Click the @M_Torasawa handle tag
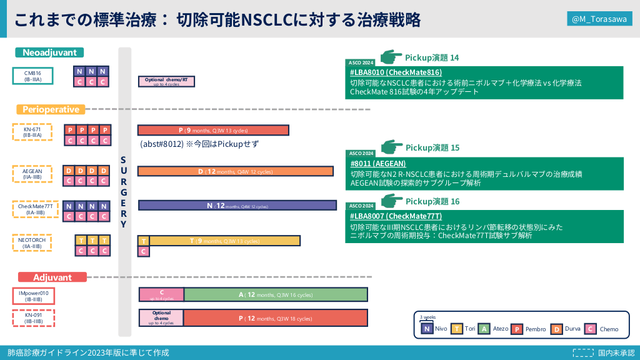click(x=599, y=20)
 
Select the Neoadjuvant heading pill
click(x=50, y=52)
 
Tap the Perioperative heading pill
click(x=51, y=109)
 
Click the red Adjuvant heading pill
click(x=52, y=277)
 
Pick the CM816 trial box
click(x=32, y=76)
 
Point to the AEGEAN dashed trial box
click(x=32, y=173)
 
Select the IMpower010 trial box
click(x=34, y=296)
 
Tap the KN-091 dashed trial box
click(x=33, y=317)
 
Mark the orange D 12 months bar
click(x=237, y=171)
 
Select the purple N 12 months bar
click(x=237, y=206)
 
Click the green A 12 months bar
click(x=276, y=295)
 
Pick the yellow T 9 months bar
click(x=224, y=241)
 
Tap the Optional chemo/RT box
click(x=166, y=81)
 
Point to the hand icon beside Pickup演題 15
click(x=392, y=147)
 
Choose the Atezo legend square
click(x=484, y=329)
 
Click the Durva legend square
click(x=556, y=329)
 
